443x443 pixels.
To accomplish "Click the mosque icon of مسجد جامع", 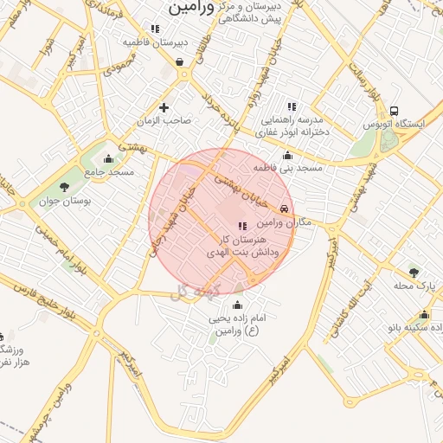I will click(x=108, y=158).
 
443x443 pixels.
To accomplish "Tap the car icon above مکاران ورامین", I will click(x=285, y=209).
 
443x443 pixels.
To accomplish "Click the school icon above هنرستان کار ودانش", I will click(x=241, y=226).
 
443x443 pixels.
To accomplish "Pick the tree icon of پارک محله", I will click(x=413, y=273).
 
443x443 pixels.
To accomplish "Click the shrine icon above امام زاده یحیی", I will click(x=237, y=304).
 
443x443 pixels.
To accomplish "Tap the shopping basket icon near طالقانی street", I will click(x=179, y=61).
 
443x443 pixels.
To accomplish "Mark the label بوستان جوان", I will click(x=63, y=202).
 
